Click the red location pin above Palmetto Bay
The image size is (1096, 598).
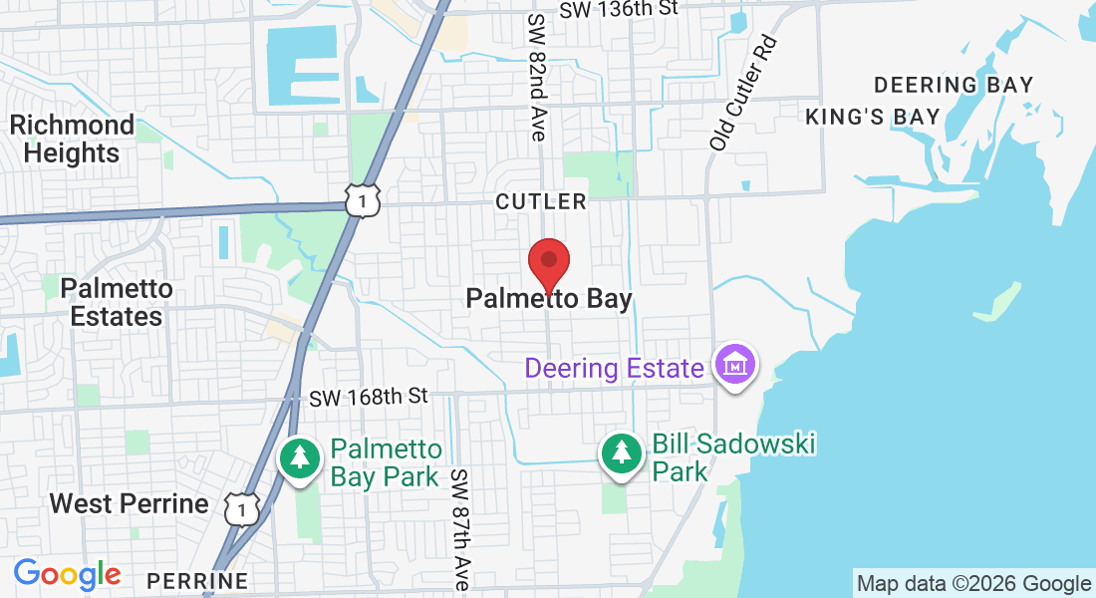(x=548, y=262)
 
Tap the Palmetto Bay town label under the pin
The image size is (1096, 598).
(x=549, y=299)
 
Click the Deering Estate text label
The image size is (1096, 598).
(x=614, y=368)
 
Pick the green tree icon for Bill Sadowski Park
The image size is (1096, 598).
(x=622, y=454)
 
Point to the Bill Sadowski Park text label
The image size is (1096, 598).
(x=733, y=456)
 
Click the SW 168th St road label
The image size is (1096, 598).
(x=368, y=397)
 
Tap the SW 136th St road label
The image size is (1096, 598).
(x=619, y=9)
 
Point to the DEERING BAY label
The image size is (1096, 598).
(x=954, y=85)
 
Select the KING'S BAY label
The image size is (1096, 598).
(x=873, y=117)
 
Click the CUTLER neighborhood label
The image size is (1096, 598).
(x=541, y=201)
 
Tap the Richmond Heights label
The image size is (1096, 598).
(x=72, y=139)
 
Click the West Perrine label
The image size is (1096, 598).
(x=130, y=503)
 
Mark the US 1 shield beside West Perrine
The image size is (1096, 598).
(x=242, y=508)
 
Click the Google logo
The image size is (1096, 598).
(x=67, y=575)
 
